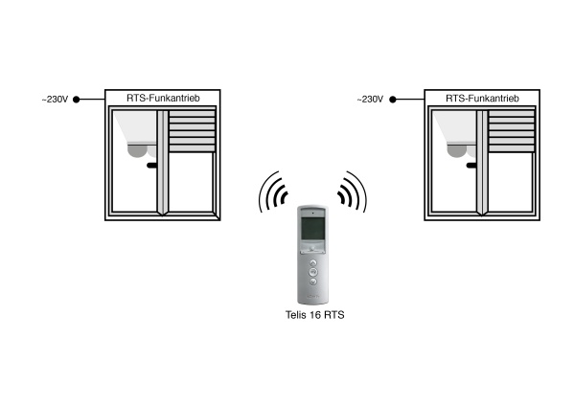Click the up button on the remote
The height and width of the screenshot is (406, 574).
[x=313, y=262]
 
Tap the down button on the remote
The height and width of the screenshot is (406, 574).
[x=313, y=282]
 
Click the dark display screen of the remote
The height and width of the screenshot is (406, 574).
[x=312, y=229]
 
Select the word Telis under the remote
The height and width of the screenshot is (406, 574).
[x=296, y=315]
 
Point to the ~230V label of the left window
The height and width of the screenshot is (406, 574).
[x=55, y=100]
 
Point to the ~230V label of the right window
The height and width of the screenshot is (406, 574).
[x=370, y=100]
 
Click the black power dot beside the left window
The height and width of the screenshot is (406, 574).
[x=76, y=100]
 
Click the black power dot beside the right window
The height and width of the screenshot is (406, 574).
[x=393, y=100]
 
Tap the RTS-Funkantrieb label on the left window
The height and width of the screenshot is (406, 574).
[x=163, y=98]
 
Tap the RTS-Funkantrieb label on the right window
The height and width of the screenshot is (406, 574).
[x=482, y=98]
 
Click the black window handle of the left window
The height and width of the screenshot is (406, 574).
[x=152, y=166]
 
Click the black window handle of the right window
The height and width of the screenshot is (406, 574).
[x=471, y=166]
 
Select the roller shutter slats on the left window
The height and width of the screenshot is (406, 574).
[x=192, y=131]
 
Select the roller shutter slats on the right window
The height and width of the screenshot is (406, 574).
[x=512, y=131]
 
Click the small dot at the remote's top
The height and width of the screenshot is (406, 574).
[x=313, y=213]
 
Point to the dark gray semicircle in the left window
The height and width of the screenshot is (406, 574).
[x=137, y=151]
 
